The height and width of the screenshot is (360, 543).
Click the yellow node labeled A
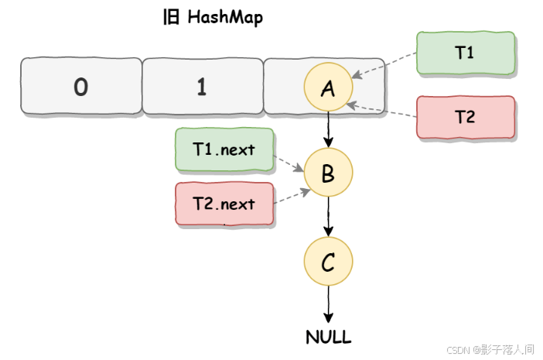pyautogui.click(x=328, y=88)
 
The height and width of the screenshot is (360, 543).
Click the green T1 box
pyautogui.click(x=465, y=53)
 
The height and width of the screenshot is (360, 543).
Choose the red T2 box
pyautogui.click(x=465, y=117)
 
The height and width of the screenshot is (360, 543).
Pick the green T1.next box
pyautogui.click(x=224, y=149)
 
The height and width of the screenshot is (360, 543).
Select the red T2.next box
pyautogui.click(x=224, y=204)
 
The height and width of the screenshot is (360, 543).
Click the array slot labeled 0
pyautogui.click(x=80, y=87)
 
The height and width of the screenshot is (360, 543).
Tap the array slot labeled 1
pyautogui.click(x=202, y=87)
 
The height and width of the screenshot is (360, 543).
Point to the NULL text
pyautogui.click(x=328, y=337)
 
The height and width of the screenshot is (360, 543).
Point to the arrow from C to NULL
pyautogui.click(x=328, y=305)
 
